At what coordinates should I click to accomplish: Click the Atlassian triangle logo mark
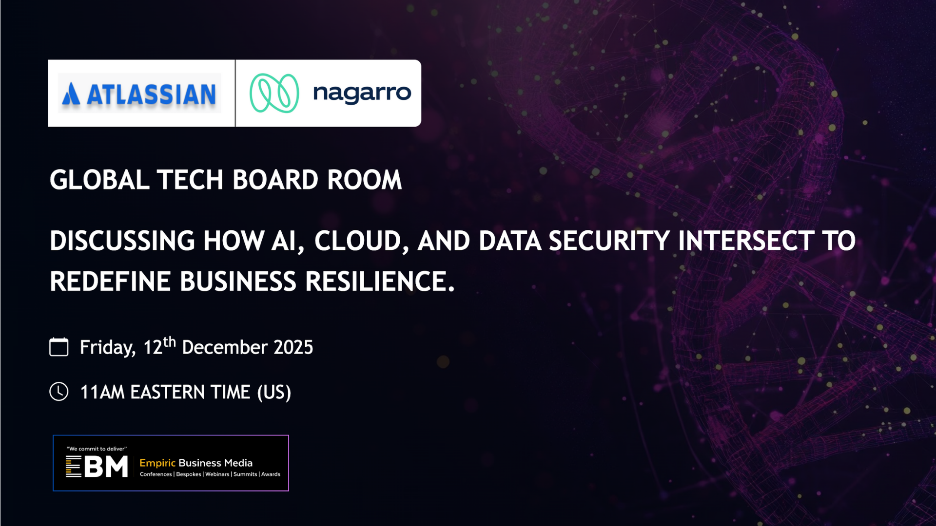pyautogui.click(x=71, y=94)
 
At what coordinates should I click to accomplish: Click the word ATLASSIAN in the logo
pyautogui.click(x=151, y=94)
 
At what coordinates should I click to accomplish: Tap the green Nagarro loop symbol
pyautogui.click(x=274, y=93)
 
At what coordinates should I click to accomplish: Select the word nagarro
pyautogui.click(x=362, y=94)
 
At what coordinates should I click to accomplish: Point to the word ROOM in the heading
pyautogui.click(x=365, y=180)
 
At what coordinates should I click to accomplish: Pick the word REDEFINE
pyautogui.click(x=110, y=282)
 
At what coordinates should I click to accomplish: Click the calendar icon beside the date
pyautogui.click(x=59, y=347)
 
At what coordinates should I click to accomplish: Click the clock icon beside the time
pyautogui.click(x=59, y=392)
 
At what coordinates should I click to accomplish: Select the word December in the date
pyautogui.click(x=225, y=347)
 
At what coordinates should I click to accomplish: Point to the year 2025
pyautogui.click(x=293, y=347)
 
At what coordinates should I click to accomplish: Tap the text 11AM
pyautogui.click(x=102, y=392)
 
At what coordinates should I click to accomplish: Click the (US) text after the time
pyautogui.click(x=274, y=393)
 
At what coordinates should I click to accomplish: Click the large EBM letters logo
pyautogui.click(x=97, y=467)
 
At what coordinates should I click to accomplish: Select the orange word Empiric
pyautogui.click(x=157, y=463)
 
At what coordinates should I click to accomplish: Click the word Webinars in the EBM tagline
pyautogui.click(x=217, y=474)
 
